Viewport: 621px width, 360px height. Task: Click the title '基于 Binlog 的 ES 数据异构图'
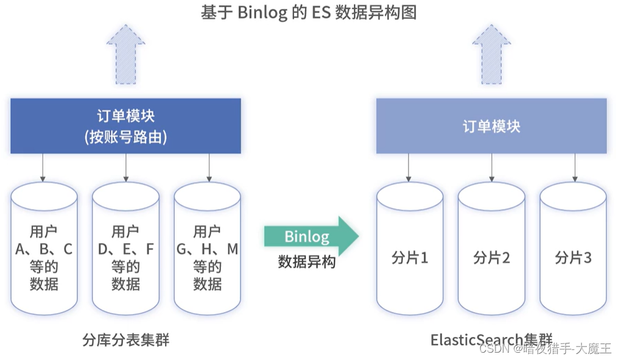pyautogui.click(x=309, y=13)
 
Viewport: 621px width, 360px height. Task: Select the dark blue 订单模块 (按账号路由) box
pyautogui.click(x=125, y=126)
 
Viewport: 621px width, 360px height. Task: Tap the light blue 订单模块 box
pyautogui.click(x=491, y=126)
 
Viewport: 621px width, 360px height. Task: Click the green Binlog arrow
pyautogui.click(x=310, y=236)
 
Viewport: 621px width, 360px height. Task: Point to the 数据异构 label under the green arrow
pyautogui.click(x=307, y=262)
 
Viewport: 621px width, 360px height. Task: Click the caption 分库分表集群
pyautogui.click(x=125, y=339)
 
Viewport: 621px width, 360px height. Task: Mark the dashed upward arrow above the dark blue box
pyautogui.click(x=125, y=49)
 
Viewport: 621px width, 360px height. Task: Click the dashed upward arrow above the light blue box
pyautogui.click(x=491, y=49)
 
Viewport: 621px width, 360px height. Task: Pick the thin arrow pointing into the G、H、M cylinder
pyautogui.click(x=209, y=167)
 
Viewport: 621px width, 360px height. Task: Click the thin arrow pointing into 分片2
pyautogui.click(x=491, y=167)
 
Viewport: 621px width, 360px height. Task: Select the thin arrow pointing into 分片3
pyautogui.click(x=574, y=167)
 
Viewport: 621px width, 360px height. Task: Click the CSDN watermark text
pyautogui.click(x=545, y=348)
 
